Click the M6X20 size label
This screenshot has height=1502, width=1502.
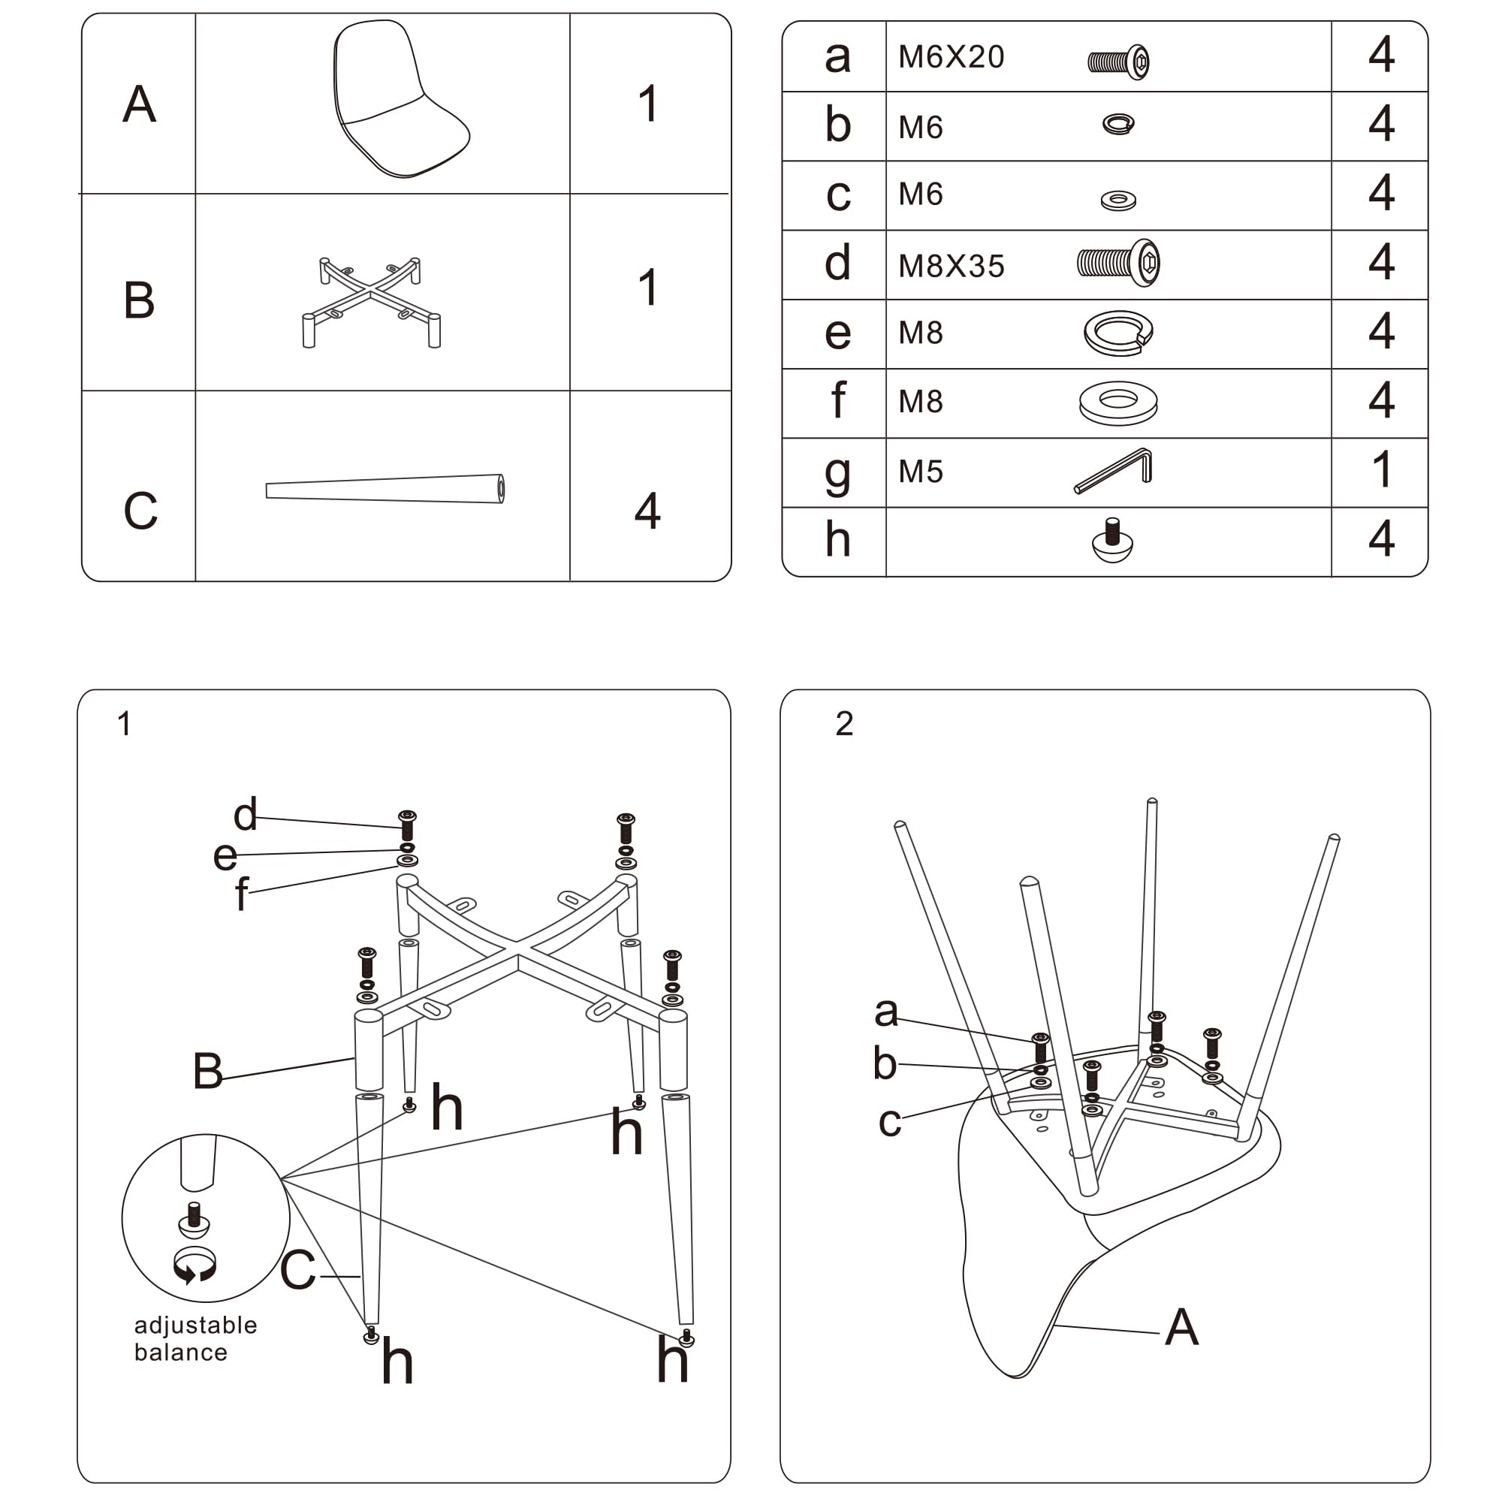[951, 57]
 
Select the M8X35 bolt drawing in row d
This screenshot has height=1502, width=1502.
[1118, 263]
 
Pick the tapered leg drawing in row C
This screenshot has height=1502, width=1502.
[385, 490]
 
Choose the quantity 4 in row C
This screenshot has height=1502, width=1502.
[647, 511]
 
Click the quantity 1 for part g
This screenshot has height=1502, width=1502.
[1381, 469]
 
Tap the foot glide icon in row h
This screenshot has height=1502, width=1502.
[1112, 540]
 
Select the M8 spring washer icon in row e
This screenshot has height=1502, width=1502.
[1118, 333]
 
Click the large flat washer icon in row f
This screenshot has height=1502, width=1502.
[1118, 403]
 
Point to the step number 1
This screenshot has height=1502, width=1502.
[124, 724]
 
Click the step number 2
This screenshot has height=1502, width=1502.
[844, 724]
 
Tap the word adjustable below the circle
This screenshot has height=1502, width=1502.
[195, 1325]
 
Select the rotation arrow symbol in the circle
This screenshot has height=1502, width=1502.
[195, 1265]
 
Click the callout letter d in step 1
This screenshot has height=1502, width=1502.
[245, 814]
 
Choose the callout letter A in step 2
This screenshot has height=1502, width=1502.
[1181, 1326]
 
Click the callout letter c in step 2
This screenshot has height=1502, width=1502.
[889, 1121]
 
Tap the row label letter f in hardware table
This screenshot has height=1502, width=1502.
[837, 400]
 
